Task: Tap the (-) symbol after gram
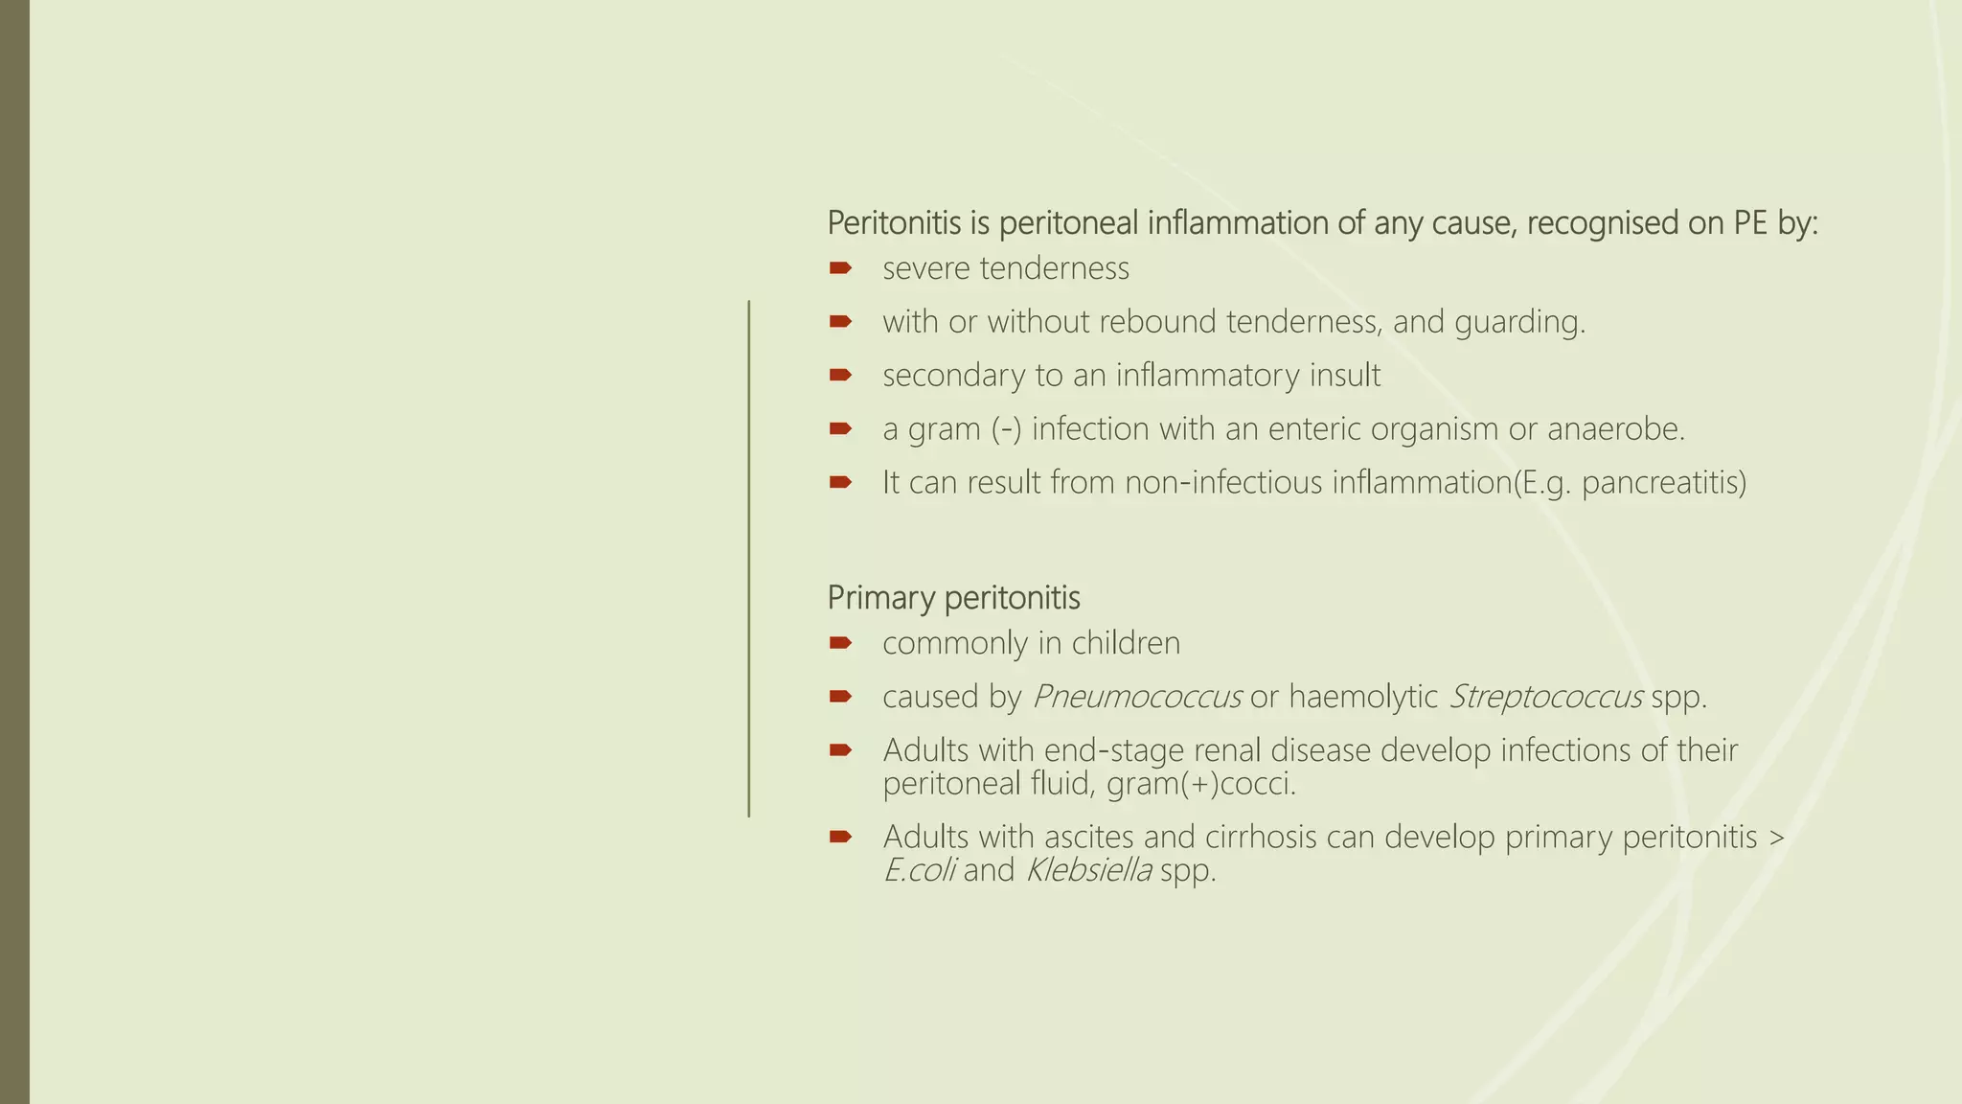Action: [x=1007, y=429]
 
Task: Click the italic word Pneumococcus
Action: [x=1137, y=697]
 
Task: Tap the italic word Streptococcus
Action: [x=1546, y=697]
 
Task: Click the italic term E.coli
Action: [x=920, y=871]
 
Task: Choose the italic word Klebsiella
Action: [x=1088, y=871]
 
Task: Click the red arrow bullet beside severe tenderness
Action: [x=840, y=267]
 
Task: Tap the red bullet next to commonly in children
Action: [x=840, y=642]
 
